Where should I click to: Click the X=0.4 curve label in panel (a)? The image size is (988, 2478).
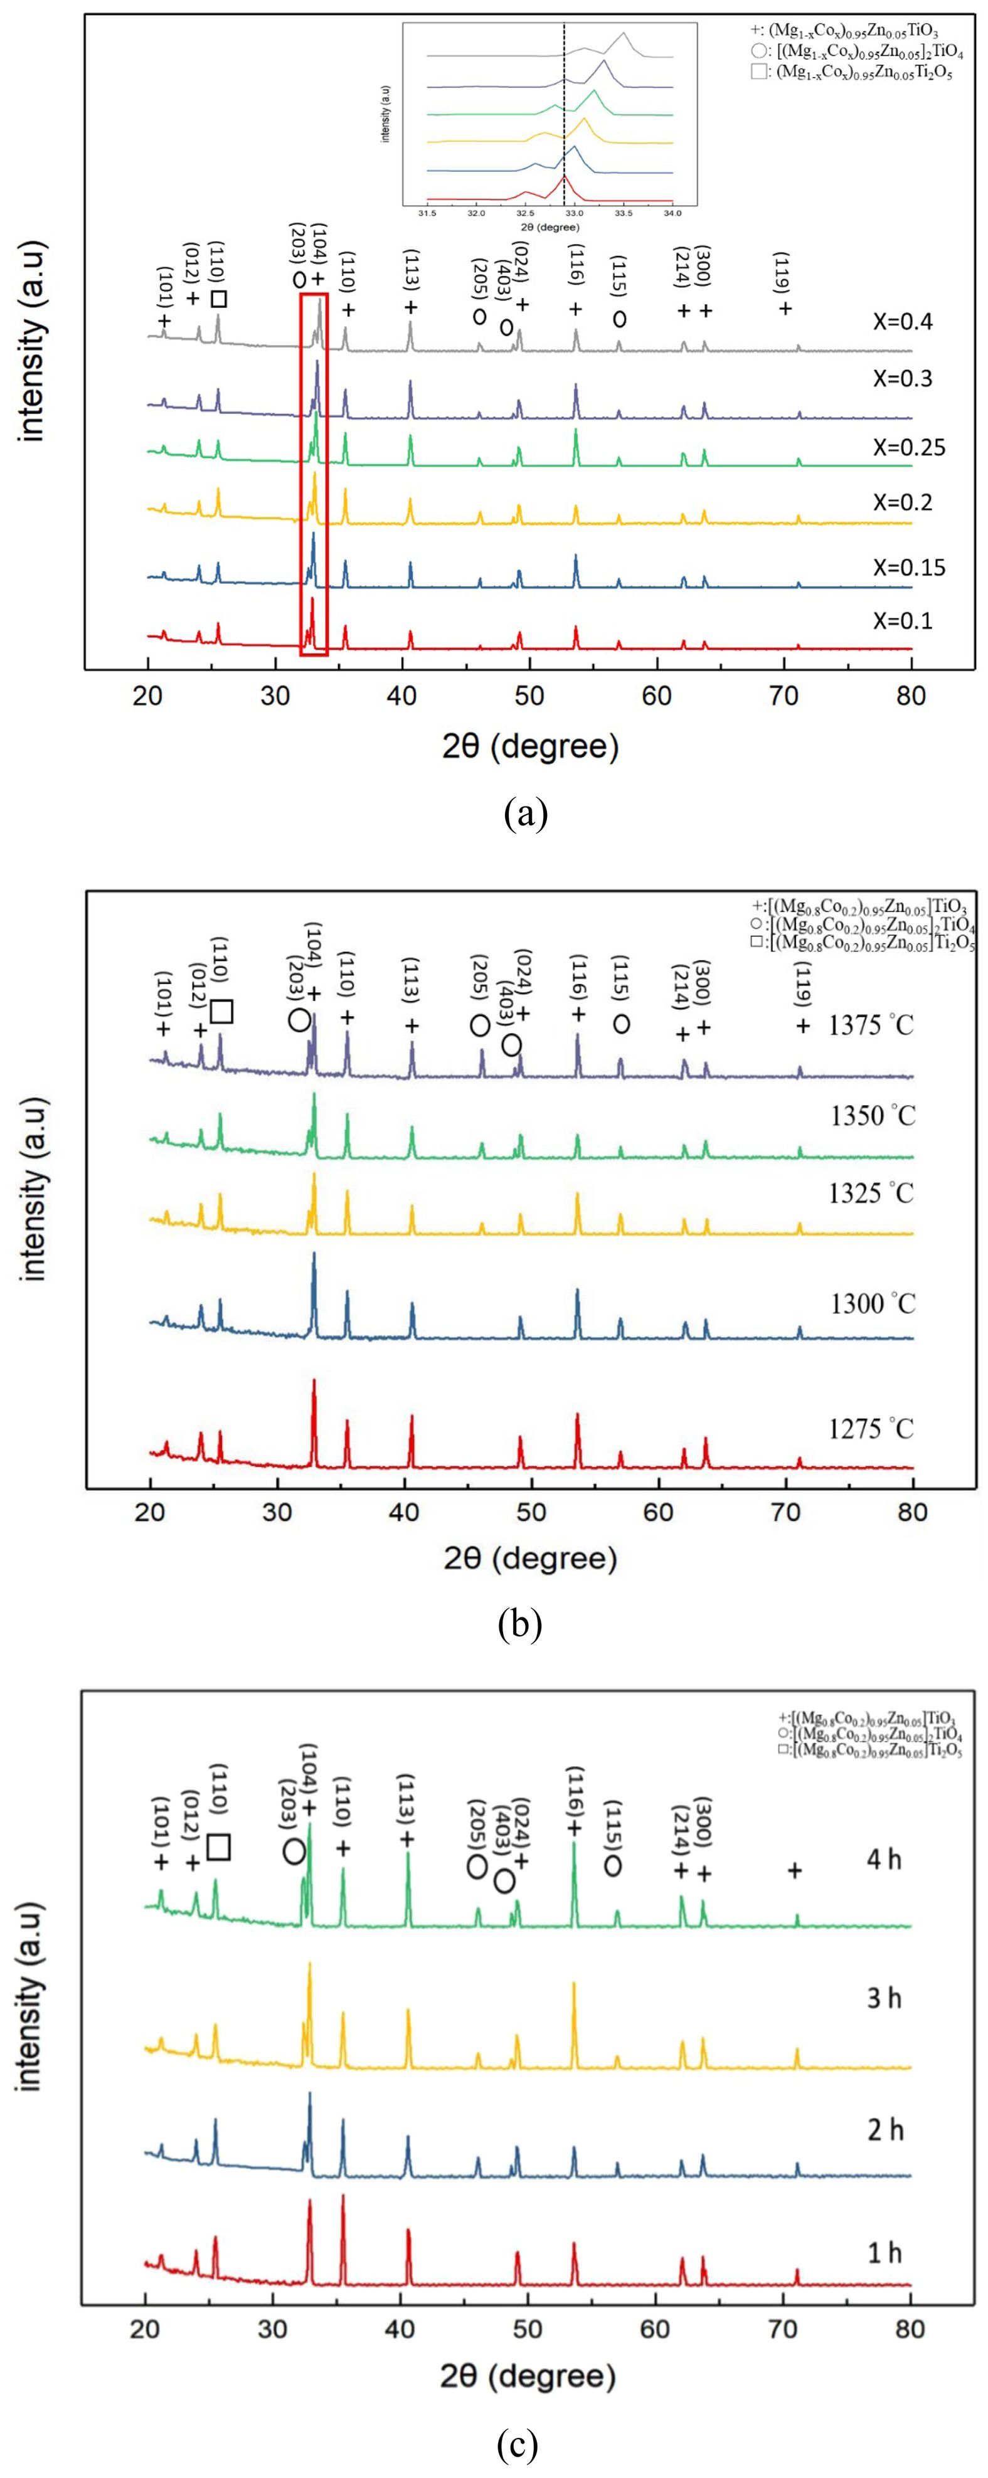point(903,321)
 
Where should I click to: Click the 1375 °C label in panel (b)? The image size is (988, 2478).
point(871,1025)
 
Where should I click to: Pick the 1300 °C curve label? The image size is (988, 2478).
point(871,1305)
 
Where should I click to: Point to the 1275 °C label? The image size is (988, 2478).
point(871,1429)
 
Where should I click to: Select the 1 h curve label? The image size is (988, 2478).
point(884,2253)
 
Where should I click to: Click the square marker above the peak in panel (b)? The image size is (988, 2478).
point(221,1011)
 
